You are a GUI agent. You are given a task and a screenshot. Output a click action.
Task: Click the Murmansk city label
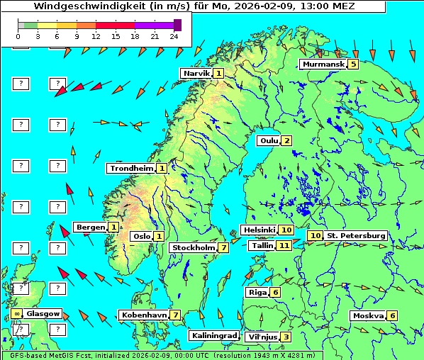[x=323, y=64]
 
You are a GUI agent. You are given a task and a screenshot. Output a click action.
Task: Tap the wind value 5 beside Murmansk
[x=353, y=64]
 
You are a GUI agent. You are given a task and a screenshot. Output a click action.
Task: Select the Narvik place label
[x=196, y=73]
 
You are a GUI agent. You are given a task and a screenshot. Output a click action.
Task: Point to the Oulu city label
[x=269, y=140]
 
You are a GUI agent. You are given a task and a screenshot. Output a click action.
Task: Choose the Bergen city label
[x=90, y=227]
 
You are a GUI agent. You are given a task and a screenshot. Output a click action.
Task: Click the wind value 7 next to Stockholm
[x=223, y=247]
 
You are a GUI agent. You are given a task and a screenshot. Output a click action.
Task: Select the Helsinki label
[x=259, y=230]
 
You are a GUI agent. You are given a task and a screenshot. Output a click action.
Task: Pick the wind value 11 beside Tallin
[x=284, y=245]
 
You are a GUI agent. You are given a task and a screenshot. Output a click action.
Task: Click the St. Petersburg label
[x=356, y=235]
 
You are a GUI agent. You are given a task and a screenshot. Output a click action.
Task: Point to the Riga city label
[x=257, y=292]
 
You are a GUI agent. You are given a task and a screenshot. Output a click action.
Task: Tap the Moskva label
[x=368, y=315]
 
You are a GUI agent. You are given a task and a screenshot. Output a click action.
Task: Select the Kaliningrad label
[x=213, y=335]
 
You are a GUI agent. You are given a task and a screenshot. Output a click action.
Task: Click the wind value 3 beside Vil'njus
[x=285, y=337]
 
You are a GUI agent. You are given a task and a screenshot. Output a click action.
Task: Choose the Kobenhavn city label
[x=144, y=315]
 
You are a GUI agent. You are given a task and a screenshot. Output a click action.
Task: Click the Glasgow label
[x=43, y=313]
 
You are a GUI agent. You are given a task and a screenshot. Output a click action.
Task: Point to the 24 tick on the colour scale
[x=174, y=35]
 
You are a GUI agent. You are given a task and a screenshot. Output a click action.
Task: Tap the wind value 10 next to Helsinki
[x=286, y=230]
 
